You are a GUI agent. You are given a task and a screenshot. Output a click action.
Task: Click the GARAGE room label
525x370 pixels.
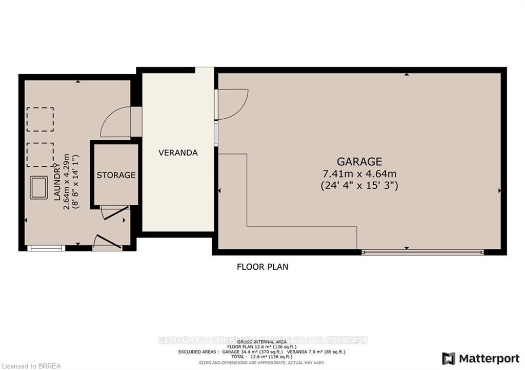coord(359,161)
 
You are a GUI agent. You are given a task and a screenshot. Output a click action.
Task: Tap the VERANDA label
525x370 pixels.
coord(178,153)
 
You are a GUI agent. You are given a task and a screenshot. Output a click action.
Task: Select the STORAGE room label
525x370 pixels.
coord(116,175)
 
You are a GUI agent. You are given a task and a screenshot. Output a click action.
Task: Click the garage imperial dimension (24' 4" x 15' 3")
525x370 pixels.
coord(359,185)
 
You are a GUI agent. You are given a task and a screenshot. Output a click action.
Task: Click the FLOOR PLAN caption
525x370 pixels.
coord(262,267)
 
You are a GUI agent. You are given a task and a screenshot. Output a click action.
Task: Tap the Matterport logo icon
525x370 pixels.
coord(449,358)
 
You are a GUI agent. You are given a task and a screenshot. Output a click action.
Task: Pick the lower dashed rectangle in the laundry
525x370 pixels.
coord(40,155)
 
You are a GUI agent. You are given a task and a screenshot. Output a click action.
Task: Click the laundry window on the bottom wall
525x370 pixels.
coord(46,248)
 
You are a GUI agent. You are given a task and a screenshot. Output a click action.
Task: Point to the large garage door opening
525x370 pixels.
coord(422,252)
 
